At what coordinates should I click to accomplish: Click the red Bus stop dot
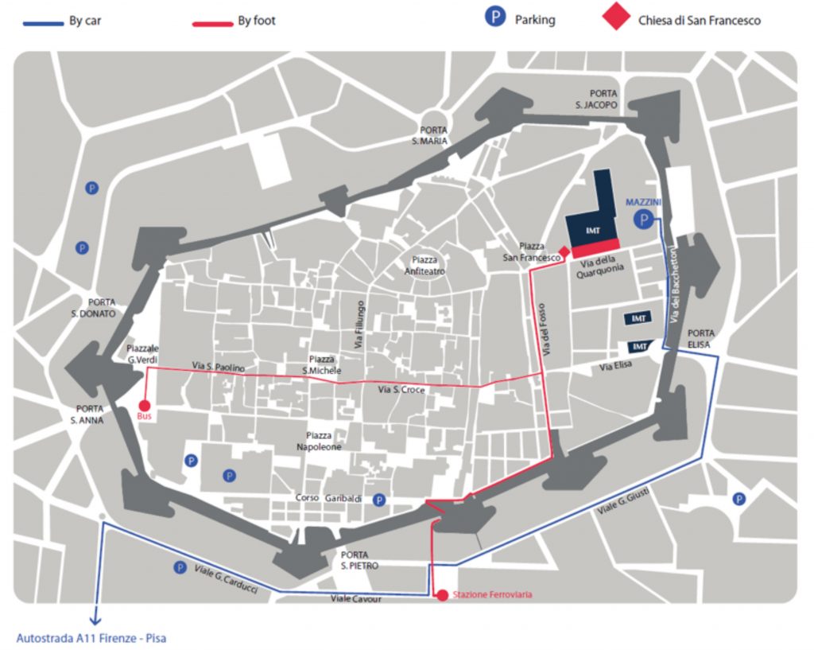144,405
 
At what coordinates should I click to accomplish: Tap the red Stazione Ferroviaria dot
442,594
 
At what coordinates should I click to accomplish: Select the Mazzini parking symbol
642,220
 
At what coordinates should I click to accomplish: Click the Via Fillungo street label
360,325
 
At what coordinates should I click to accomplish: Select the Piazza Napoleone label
324,442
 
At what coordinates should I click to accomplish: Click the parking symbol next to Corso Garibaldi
380,500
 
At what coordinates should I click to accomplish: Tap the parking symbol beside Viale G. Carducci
180,567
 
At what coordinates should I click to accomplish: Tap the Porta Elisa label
700,338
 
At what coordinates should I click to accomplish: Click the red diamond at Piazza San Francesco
564,252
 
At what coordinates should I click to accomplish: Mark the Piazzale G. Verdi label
142,355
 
